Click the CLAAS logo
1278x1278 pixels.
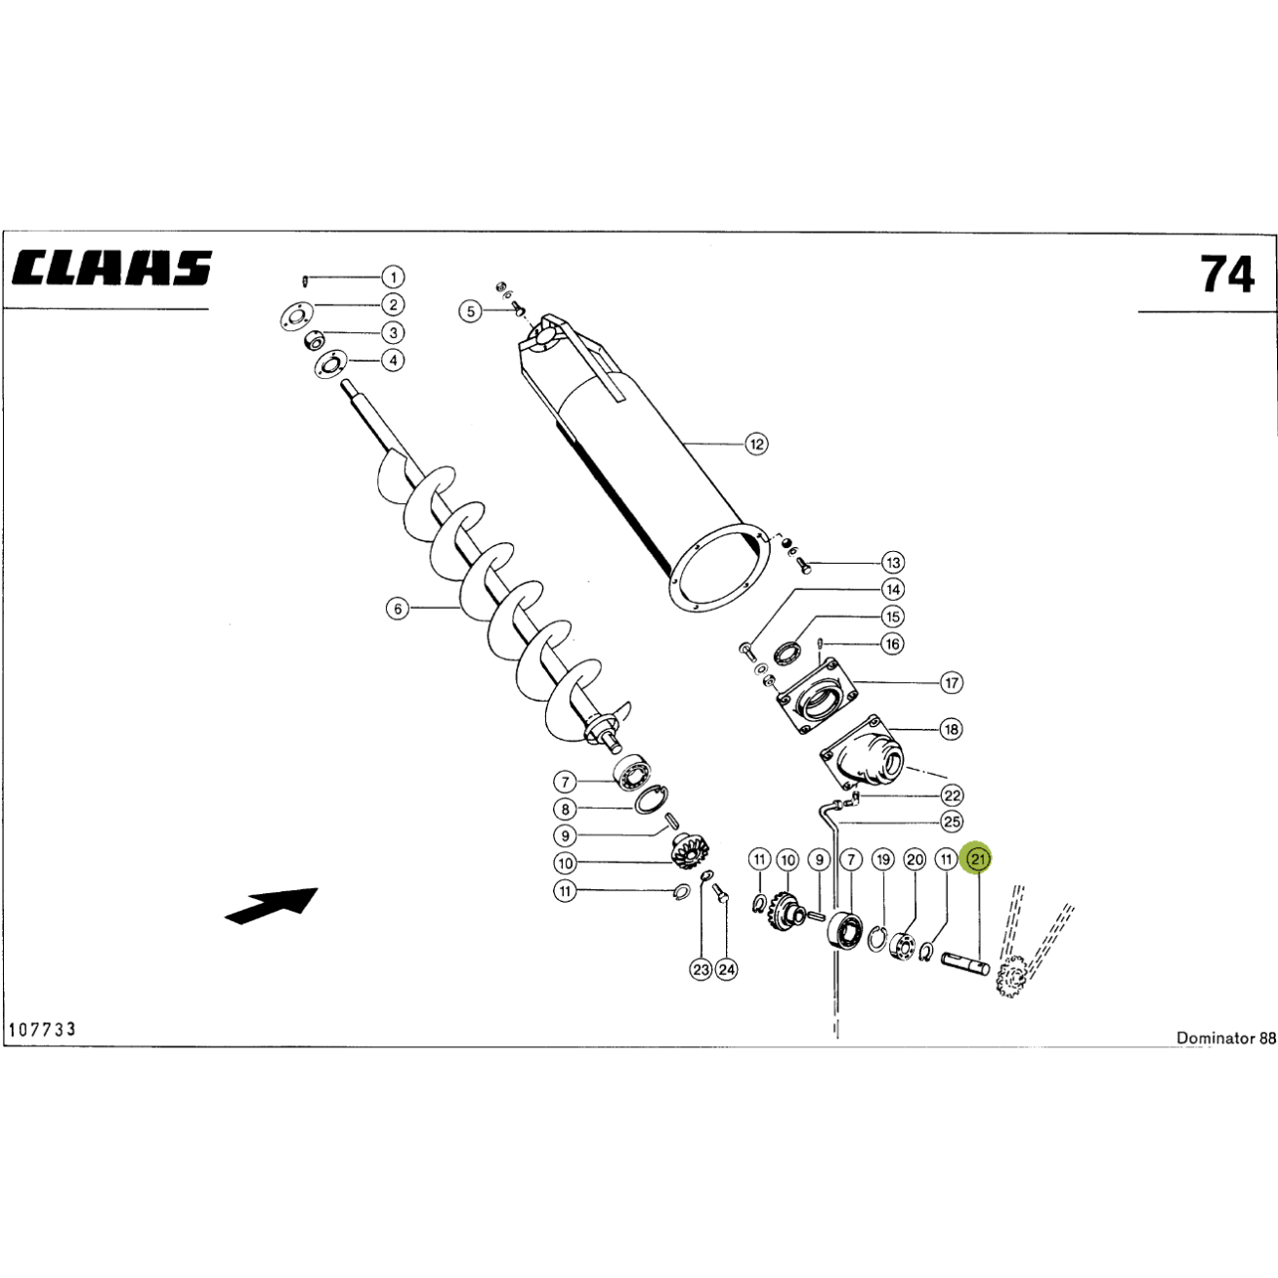click(110, 268)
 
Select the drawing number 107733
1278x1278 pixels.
click(42, 1029)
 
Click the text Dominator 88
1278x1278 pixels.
click(1225, 1038)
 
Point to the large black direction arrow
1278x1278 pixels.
click(272, 905)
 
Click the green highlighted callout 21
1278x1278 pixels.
click(979, 860)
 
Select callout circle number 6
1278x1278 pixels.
click(398, 608)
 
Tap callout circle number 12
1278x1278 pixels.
click(756, 444)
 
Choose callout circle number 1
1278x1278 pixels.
click(394, 277)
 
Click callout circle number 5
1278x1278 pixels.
click(471, 311)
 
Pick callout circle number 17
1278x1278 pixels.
click(952, 682)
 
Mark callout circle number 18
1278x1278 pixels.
click(951, 729)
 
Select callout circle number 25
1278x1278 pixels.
click(952, 822)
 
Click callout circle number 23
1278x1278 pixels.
click(701, 969)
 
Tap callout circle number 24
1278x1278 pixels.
click(727, 969)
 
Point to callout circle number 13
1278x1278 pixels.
click(893, 563)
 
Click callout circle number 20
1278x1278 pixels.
click(916, 860)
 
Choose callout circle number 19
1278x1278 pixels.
click(882, 860)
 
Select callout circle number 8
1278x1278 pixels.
click(565, 809)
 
